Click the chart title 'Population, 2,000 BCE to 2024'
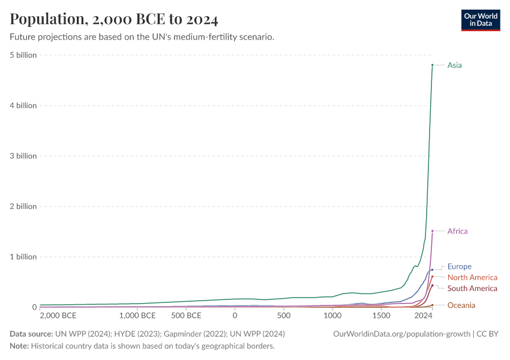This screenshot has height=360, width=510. coord(114,19)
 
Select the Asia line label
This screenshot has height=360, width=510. coord(454,65)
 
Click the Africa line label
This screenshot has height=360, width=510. coord(457,231)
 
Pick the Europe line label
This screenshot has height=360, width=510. coord(459,266)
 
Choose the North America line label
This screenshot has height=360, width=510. coord(472,277)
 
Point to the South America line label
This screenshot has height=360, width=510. coord(472,289)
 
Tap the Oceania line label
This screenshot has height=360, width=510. coord(461,305)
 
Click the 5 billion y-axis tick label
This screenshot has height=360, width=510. coord(23,55)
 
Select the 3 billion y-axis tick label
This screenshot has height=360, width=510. coord(23,156)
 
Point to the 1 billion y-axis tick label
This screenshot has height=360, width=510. coord(23,257)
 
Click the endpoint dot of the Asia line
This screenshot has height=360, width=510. coord(432,65)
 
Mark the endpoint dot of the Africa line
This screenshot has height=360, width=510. coord(432,231)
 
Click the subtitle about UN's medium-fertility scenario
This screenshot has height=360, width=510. coord(142,37)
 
